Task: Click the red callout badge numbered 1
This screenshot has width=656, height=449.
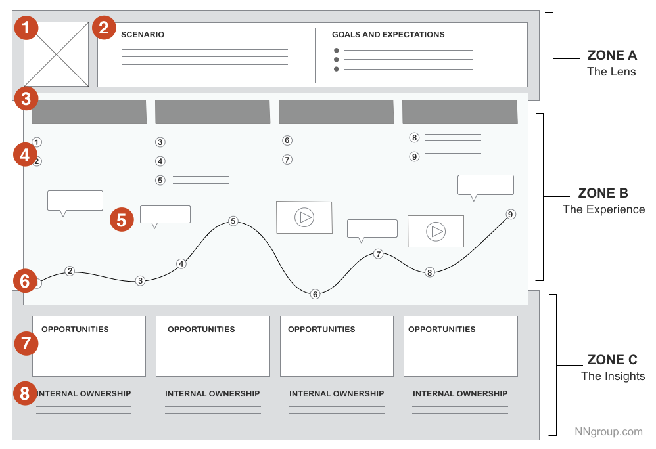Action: [26, 28]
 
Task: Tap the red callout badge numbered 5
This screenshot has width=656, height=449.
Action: [122, 219]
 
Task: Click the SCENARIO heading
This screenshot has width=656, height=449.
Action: [143, 35]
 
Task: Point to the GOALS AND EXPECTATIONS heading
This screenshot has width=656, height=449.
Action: [388, 35]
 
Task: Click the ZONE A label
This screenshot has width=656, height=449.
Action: [611, 56]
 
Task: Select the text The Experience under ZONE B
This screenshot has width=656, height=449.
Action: [603, 209]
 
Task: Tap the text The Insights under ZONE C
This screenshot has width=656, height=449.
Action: [613, 376]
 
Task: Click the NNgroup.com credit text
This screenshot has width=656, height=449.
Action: [608, 431]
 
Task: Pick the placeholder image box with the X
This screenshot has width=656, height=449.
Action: [57, 54]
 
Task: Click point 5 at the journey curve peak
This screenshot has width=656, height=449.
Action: [233, 221]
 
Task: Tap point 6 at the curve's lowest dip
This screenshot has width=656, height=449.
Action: [315, 295]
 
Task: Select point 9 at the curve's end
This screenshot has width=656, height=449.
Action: [511, 214]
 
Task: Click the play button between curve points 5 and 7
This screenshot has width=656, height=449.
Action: [304, 217]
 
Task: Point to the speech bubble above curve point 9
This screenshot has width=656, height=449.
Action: [485, 186]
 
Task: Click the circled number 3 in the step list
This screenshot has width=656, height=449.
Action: [160, 142]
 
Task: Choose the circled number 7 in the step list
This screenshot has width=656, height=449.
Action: [287, 160]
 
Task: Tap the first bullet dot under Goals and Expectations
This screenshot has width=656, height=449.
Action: [337, 51]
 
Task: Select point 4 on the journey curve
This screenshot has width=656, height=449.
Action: [181, 264]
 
